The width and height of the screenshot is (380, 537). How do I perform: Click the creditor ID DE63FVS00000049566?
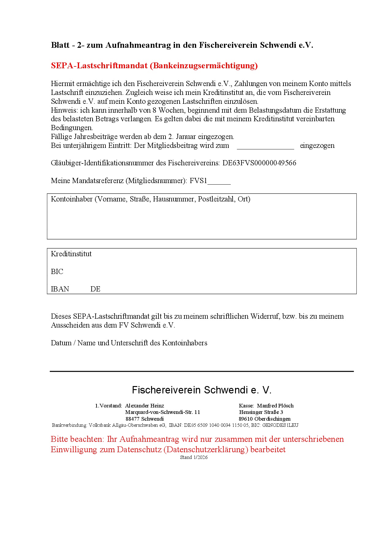[x=259, y=163]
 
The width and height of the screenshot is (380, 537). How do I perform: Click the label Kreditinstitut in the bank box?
[x=71, y=254]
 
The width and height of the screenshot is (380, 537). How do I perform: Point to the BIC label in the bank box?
[x=57, y=272]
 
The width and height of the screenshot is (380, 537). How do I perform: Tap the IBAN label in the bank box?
[x=60, y=289]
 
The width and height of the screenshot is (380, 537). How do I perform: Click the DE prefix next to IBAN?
[x=95, y=289]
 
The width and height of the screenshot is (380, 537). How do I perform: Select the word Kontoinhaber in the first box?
[x=72, y=199]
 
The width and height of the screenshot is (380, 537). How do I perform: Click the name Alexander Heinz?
[x=145, y=406]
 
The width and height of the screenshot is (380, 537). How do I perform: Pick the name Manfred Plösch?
[x=275, y=406]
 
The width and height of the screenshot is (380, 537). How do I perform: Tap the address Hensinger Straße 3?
[x=261, y=412]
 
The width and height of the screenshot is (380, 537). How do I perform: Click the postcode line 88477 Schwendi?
[x=145, y=419]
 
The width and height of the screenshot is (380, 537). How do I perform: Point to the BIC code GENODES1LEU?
[x=280, y=425]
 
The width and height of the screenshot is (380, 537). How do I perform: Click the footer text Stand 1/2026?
[x=194, y=457]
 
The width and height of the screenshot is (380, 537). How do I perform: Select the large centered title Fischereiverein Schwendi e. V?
[x=202, y=390]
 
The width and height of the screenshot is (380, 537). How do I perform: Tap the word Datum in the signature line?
[x=61, y=343]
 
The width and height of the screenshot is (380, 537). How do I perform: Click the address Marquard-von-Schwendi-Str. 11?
[x=163, y=412]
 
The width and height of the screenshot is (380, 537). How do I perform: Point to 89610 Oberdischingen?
[x=265, y=419]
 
